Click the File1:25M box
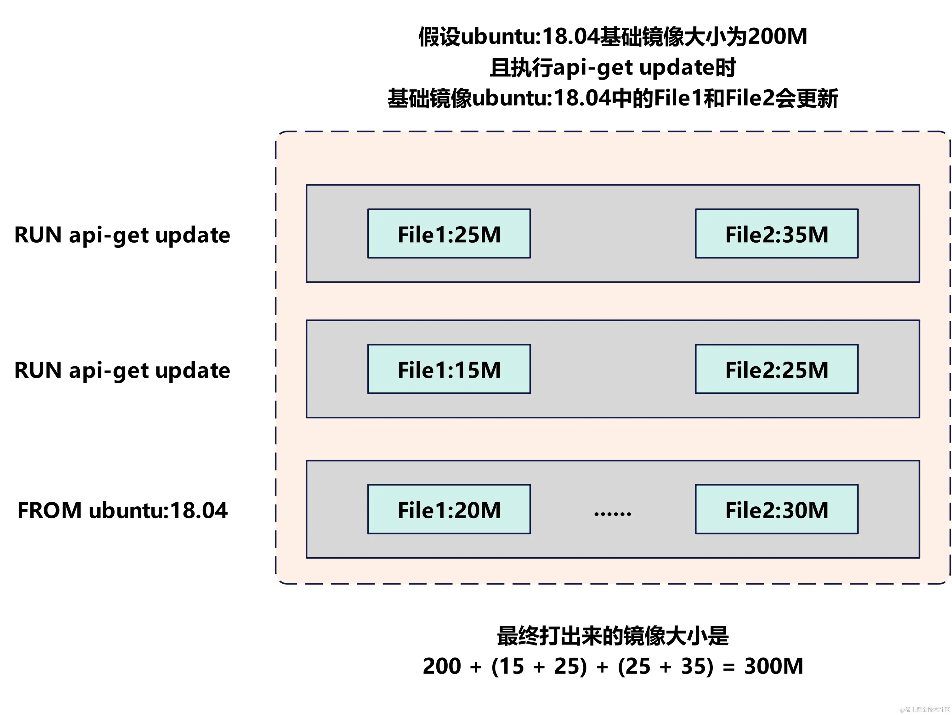pyautogui.click(x=449, y=234)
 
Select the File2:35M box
pyautogui.click(x=776, y=234)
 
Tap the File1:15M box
pyautogui.click(x=449, y=369)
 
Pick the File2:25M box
pyautogui.click(x=776, y=369)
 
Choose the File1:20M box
pyautogui.click(x=449, y=510)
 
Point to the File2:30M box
pyautogui.click(x=776, y=510)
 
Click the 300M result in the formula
pyautogui.click(x=773, y=667)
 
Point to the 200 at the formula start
pyautogui.click(x=442, y=667)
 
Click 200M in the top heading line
pyautogui.click(x=777, y=36)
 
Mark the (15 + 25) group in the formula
pyautogui.click(x=539, y=667)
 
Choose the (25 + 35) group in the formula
pyautogui.click(x=666, y=667)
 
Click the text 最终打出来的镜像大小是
pyautogui.click(x=612, y=636)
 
